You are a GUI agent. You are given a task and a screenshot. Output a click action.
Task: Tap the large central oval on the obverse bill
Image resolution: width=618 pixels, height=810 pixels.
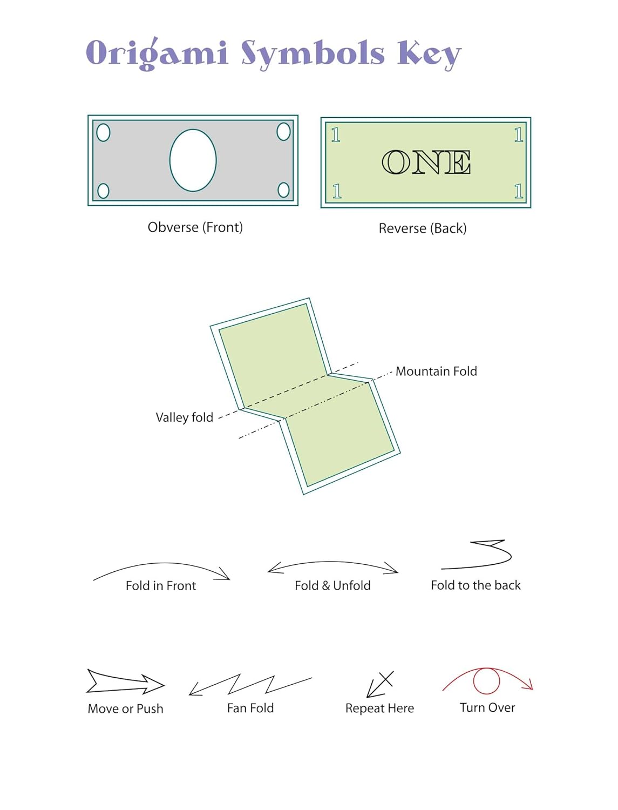pyautogui.click(x=193, y=160)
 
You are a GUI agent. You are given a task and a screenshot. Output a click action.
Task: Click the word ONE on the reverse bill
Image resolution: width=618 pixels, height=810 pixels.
pyautogui.click(x=426, y=163)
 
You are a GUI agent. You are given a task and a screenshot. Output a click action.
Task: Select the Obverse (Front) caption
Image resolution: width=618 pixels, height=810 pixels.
pyautogui.click(x=195, y=227)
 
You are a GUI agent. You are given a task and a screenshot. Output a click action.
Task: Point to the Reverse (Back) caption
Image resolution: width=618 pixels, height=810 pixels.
pyautogui.click(x=422, y=228)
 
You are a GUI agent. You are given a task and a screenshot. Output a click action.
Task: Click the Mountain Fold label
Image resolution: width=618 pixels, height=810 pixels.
pyautogui.click(x=436, y=372)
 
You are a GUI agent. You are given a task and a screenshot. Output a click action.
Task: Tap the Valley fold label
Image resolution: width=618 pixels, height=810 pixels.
pyautogui.click(x=184, y=417)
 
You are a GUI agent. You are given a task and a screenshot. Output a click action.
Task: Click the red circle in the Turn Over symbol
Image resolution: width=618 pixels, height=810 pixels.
pyautogui.click(x=486, y=680)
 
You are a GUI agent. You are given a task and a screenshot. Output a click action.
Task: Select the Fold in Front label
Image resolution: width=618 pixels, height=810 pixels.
pyautogui.click(x=160, y=586)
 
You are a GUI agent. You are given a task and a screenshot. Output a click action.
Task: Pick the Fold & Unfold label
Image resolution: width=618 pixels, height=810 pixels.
pyautogui.click(x=332, y=586)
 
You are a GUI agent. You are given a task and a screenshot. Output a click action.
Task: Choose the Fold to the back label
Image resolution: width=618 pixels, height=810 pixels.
pyautogui.click(x=476, y=585)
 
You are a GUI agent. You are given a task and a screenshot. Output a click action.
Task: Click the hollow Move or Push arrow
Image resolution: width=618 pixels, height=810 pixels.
pyautogui.click(x=125, y=683)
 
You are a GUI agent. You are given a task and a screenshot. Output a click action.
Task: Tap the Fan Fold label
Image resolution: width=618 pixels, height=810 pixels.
pyautogui.click(x=250, y=708)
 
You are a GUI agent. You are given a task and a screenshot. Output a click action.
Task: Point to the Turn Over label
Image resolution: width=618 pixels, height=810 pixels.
pyautogui.click(x=487, y=707)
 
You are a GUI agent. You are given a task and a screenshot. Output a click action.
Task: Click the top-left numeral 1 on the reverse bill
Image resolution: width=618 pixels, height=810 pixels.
pyautogui.click(x=336, y=135)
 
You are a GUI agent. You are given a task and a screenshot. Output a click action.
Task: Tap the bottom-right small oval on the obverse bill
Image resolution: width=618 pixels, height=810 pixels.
pyautogui.click(x=283, y=190)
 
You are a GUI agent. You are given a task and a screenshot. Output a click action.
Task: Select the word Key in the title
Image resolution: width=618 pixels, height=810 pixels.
pyautogui.click(x=429, y=54)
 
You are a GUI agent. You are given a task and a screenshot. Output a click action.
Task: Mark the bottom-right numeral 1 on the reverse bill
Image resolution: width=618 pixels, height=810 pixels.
pyautogui.click(x=518, y=191)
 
